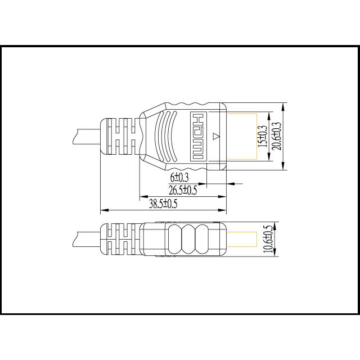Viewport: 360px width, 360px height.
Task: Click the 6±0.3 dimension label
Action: (x=179, y=178)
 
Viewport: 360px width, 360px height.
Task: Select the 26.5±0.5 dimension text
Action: (x=183, y=190)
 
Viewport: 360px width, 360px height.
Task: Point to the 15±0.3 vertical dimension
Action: (x=262, y=136)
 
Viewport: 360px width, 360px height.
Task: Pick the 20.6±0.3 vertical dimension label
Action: (x=276, y=136)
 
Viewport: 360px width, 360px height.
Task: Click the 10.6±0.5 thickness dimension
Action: (x=267, y=240)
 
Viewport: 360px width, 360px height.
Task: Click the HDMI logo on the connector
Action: (x=198, y=136)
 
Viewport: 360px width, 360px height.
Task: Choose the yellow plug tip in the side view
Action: (x=242, y=240)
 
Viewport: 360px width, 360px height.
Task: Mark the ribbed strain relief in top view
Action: (x=119, y=137)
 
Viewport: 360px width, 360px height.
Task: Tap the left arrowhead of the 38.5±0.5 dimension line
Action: (x=103, y=211)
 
